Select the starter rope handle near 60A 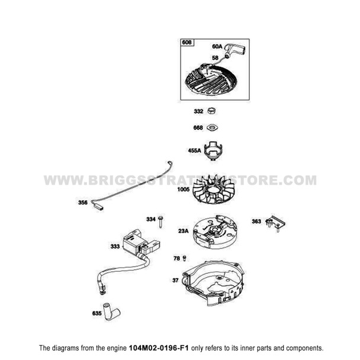pyautogui.click(x=232, y=50)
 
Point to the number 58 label pyautogui.click(x=216, y=57)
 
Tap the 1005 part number pyautogui.click(x=182, y=190)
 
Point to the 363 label pyautogui.click(x=256, y=221)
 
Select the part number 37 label pyautogui.click(x=175, y=280)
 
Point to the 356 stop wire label pyautogui.click(x=83, y=203)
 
